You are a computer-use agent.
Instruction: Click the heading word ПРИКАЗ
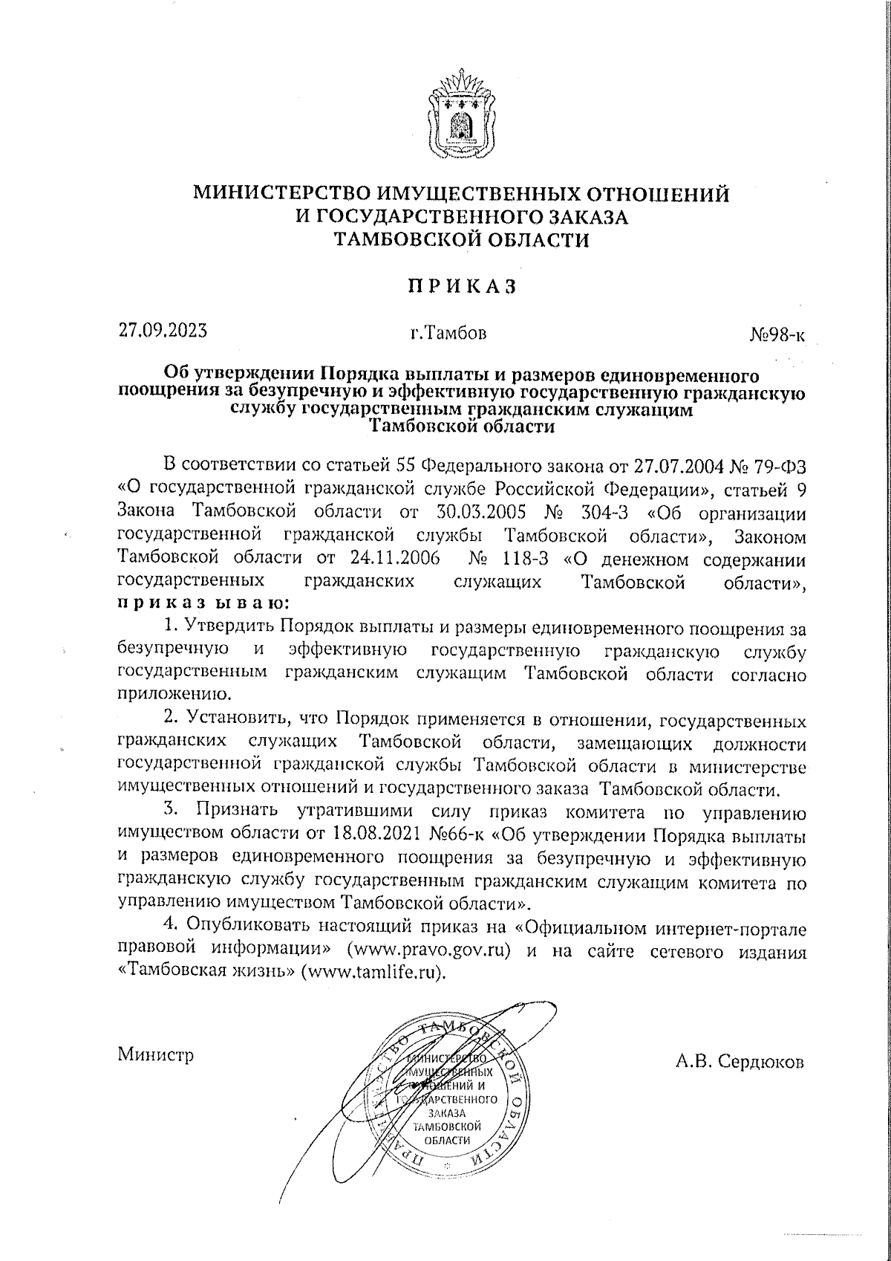tap(460, 287)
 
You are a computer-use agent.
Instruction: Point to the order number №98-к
tap(777, 335)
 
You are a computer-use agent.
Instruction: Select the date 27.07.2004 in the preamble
tap(675, 466)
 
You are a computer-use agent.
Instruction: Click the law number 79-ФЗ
tap(779, 466)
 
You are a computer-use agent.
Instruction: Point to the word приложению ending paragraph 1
tap(172, 696)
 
